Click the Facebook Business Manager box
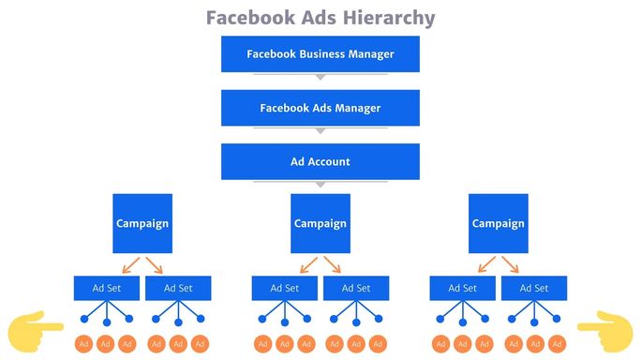pyautogui.click(x=320, y=53)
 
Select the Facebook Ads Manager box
pyautogui.click(x=320, y=108)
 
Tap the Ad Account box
pyautogui.click(x=320, y=161)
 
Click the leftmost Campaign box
pyautogui.click(x=142, y=223)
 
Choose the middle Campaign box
pyautogui.click(x=320, y=223)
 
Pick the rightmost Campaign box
pyautogui.click(x=498, y=223)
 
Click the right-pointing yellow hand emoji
pyautogui.click(x=35, y=326)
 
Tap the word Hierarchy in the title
pyautogui.click(x=383, y=18)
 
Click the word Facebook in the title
pyautogui.click(x=246, y=18)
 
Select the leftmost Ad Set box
pyautogui.click(x=107, y=288)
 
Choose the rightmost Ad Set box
pyautogui.click(x=533, y=288)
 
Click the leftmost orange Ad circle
pyautogui.click(x=83, y=344)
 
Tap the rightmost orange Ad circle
pyautogui.click(x=557, y=344)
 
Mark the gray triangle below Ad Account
pyautogui.click(x=320, y=184)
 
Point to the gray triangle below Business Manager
pyautogui.click(x=320, y=77)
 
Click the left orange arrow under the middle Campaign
pyautogui.click(x=306, y=263)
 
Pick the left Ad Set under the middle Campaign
pyautogui.click(x=285, y=288)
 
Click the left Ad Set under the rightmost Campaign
pyautogui.click(x=462, y=288)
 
